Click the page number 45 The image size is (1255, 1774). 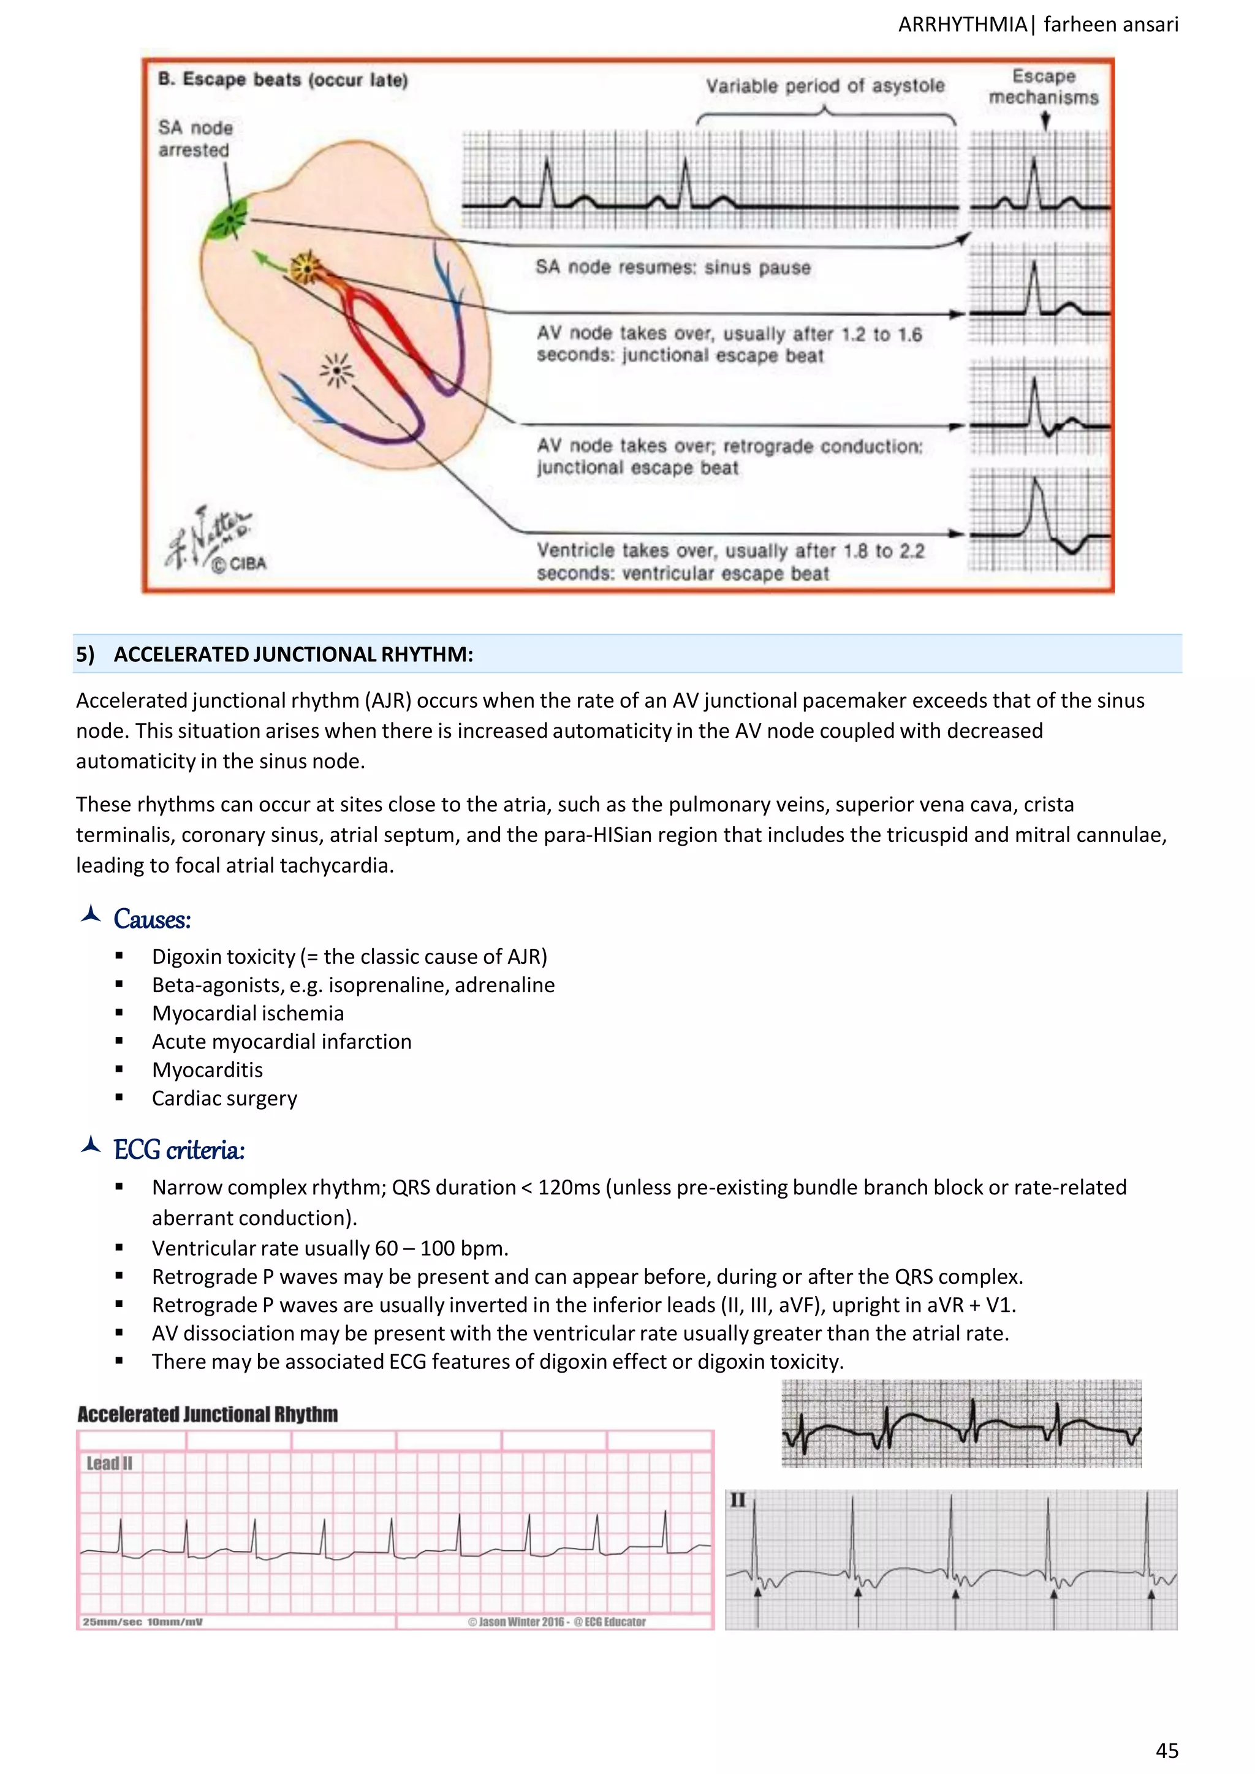click(x=1166, y=1750)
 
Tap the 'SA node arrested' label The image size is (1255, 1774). click(x=195, y=139)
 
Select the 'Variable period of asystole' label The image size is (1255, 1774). click(x=825, y=86)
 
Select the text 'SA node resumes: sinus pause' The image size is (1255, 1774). click(x=672, y=267)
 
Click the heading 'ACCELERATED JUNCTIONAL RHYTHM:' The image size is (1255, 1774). click(x=293, y=654)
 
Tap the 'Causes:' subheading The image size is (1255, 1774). click(x=151, y=919)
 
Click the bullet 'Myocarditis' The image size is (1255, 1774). click(x=207, y=1070)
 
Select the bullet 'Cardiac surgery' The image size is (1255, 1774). click(x=224, y=1099)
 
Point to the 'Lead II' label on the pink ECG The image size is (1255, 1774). click(x=109, y=1463)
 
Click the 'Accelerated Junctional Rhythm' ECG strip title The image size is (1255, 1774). click(x=207, y=1415)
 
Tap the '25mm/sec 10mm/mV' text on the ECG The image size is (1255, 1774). click(x=142, y=1622)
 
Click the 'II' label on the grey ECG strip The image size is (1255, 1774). click(x=737, y=1501)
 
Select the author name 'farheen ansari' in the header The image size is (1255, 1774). click(x=1110, y=25)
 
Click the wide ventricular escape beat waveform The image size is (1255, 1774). click(x=1040, y=521)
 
